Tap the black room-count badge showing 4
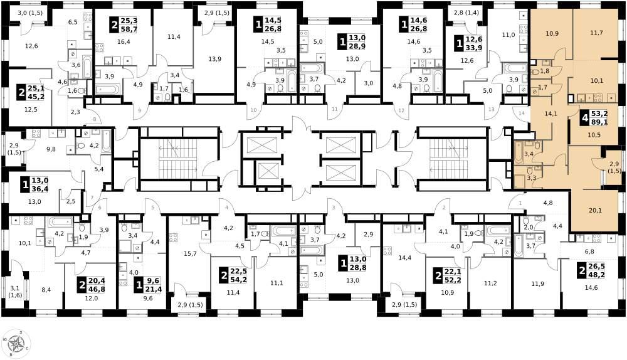coord(585,118)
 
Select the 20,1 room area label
coord(596,210)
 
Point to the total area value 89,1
coord(599,122)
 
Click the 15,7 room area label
coord(191,253)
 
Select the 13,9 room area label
coord(214,59)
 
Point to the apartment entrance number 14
coord(522,113)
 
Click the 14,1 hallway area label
coord(551,113)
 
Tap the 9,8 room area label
coord(51,149)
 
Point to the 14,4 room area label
coord(405,258)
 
